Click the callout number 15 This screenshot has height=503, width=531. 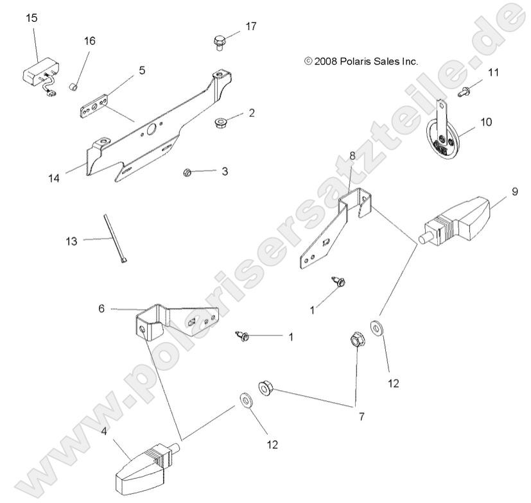[x=31, y=18]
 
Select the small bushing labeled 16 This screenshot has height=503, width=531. [x=74, y=86]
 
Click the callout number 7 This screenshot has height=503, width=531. [x=361, y=416]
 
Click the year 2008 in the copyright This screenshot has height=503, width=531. [x=326, y=62]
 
